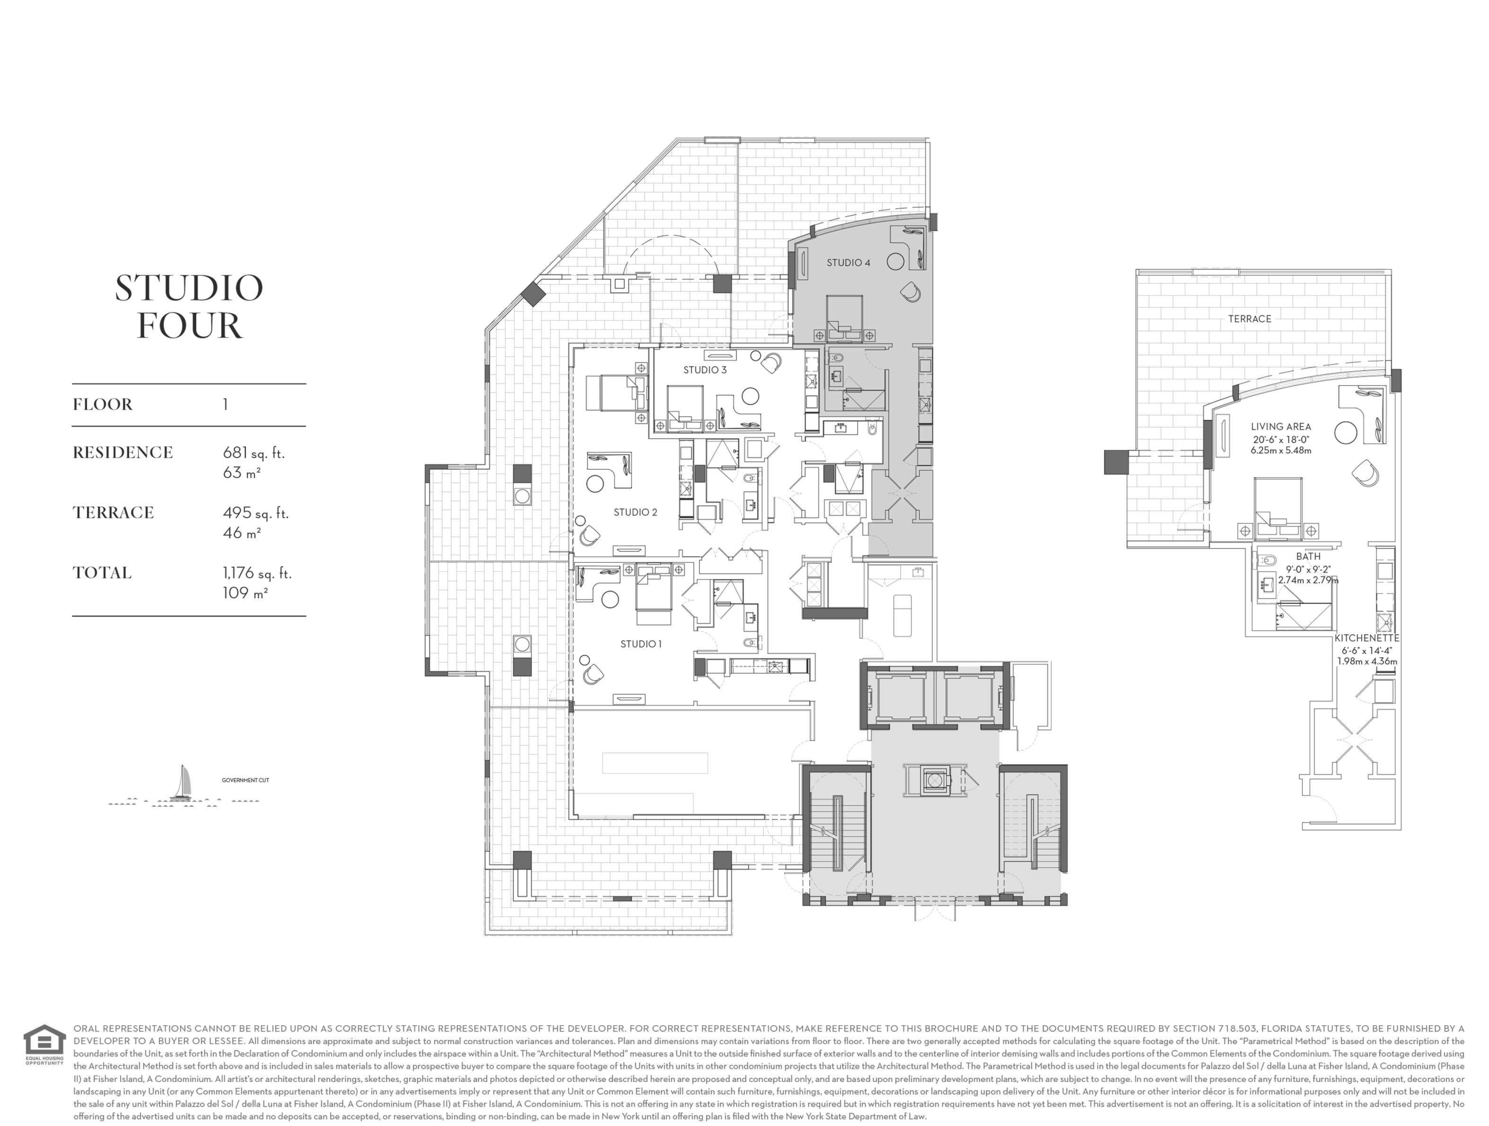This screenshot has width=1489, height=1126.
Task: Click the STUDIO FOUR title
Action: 189,306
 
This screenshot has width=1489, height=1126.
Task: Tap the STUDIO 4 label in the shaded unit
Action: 848,263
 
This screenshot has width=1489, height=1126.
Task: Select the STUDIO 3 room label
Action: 705,369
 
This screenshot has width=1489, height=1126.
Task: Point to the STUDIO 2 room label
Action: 635,512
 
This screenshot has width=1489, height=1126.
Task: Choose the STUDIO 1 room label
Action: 641,644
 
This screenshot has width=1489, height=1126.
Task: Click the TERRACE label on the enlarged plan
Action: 1249,319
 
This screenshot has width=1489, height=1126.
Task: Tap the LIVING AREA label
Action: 1280,427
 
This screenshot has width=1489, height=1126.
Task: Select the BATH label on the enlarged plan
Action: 1308,556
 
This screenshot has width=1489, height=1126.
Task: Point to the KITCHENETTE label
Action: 1367,638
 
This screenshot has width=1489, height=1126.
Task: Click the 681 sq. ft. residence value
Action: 254,453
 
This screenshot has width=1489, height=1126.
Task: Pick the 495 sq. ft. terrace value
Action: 256,513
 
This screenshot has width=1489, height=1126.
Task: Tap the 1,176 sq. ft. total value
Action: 258,573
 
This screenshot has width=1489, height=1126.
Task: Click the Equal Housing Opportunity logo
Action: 45,1045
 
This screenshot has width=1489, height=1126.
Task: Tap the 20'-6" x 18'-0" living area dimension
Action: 1280,440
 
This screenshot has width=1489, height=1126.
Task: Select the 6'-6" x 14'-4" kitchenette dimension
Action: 1367,651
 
